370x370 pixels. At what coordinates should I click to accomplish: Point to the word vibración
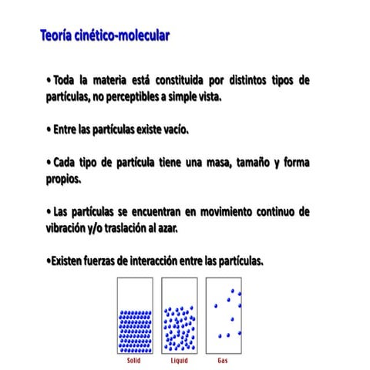coord(71,227)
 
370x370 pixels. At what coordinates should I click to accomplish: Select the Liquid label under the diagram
coord(179,360)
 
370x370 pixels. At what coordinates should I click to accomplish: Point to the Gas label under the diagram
coord(224,360)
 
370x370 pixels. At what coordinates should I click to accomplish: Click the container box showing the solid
coord(134,315)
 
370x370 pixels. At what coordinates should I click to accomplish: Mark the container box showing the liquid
coord(179,315)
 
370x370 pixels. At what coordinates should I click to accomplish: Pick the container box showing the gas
coord(224,315)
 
